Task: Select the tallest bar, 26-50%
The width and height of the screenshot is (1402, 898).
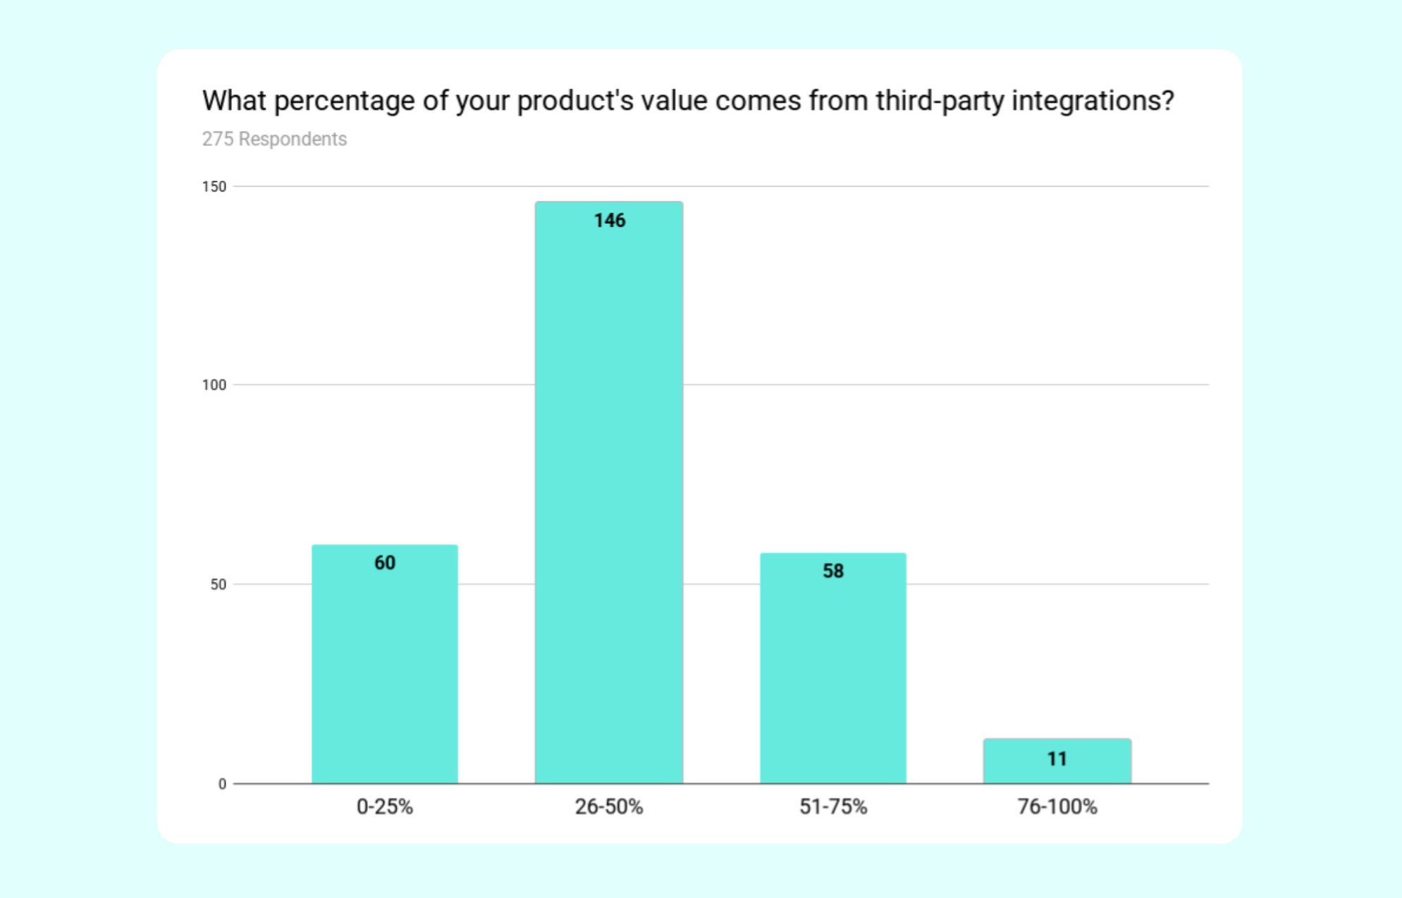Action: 609,493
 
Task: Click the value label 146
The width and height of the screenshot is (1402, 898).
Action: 610,221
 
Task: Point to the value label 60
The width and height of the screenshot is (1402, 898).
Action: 385,562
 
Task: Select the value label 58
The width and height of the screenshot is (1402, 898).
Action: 833,571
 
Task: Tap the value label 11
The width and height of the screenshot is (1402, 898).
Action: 1057,759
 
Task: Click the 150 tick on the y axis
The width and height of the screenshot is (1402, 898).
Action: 214,187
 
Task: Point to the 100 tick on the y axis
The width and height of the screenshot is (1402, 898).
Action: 214,385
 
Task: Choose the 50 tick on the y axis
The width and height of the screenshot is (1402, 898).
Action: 218,584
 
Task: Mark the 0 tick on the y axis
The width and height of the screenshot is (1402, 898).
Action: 222,784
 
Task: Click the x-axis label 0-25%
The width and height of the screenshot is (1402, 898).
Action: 385,806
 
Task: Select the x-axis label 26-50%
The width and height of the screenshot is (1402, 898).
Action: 609,806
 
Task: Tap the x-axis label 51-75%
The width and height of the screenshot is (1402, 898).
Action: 833,806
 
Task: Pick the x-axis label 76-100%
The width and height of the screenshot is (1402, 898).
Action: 1057,806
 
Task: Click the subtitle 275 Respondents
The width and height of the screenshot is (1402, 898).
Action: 274,139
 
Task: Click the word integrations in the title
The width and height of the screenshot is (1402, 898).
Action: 1093,101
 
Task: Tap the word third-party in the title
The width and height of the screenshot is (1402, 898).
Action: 940,101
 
